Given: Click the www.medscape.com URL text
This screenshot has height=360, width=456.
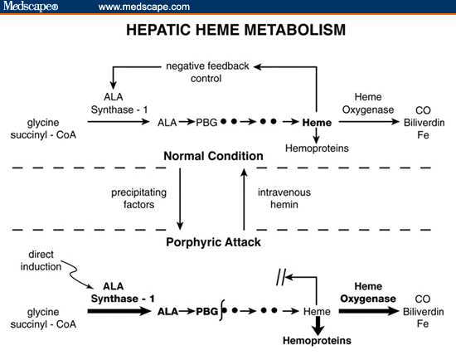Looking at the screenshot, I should pyautogui.click(x=143, y=7).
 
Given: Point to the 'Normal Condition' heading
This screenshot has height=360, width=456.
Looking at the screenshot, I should pyautogui.click(x=213, y=155).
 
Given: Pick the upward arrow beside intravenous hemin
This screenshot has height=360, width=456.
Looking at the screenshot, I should pyautogui.click(x=243, y=199).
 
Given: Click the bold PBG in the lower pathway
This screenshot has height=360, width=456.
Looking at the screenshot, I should pyautogui.click(x=205, y=312).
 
